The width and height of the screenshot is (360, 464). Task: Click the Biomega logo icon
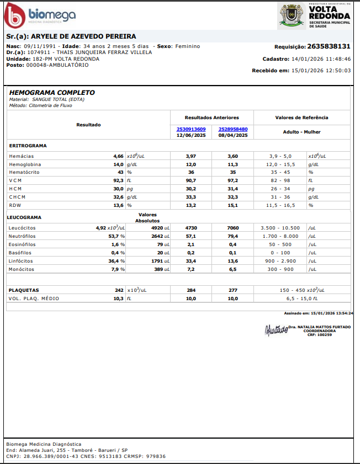tap(15, 15)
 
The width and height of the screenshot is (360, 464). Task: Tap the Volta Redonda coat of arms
tap(291, 15)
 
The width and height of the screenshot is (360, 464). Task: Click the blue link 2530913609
tap(191, 129)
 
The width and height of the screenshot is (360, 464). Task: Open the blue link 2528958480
tap(233, 129)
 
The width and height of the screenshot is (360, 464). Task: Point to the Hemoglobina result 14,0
tap(118, 164)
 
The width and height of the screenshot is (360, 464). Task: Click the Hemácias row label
tap(21, 156)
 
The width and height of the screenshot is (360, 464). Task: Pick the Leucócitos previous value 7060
tap(233, 227)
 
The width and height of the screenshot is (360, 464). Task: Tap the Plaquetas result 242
tap(119, 290)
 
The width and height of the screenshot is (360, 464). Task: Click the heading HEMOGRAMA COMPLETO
tap(52, 93)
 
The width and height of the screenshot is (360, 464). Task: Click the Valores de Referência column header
tap(301, 118)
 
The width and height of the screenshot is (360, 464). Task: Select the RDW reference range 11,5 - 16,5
tap(280, 205)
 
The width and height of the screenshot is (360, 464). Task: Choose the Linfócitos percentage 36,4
tap(114, 260)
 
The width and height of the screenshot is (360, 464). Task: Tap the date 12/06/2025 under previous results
tap(191, 135)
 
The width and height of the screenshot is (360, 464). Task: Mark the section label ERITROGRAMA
tap(28, 146)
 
